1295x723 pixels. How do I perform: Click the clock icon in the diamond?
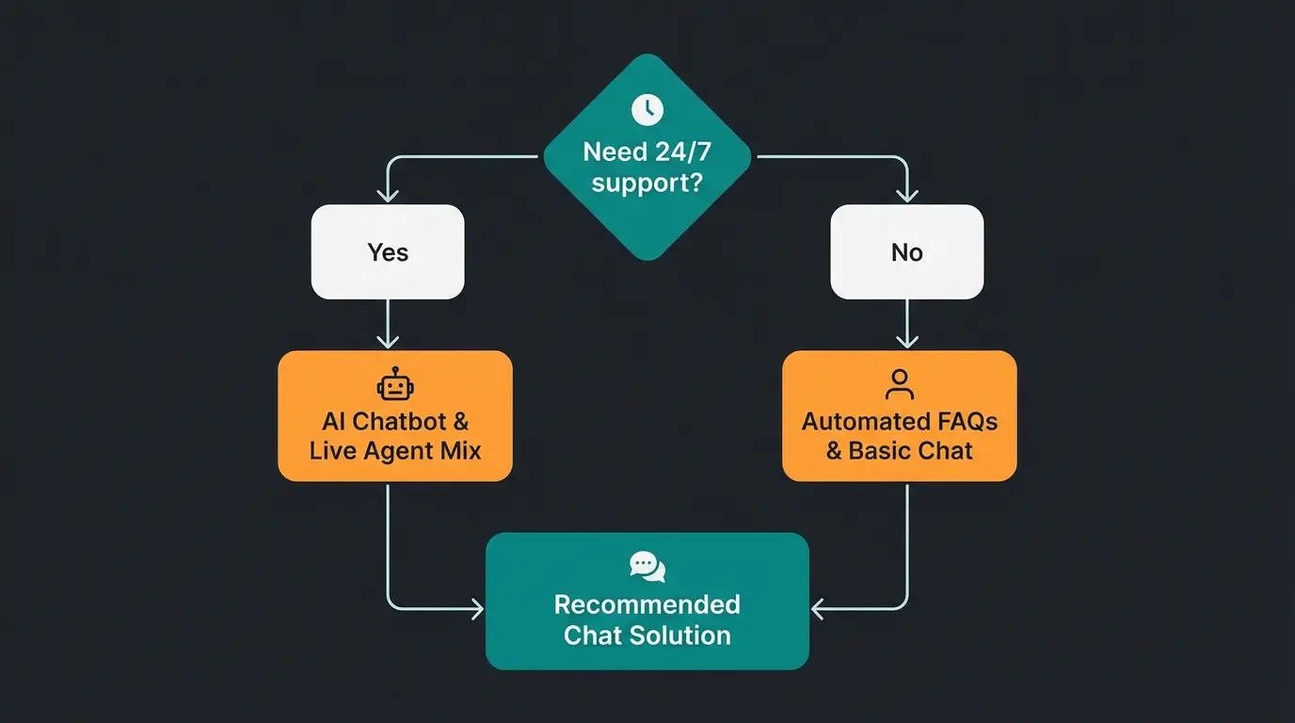click(x=647, y=109)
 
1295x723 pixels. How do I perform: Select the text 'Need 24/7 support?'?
click(x=647, y=167)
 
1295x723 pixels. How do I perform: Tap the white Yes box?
click(x=388, y=252)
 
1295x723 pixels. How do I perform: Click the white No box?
click(x=906, y=252)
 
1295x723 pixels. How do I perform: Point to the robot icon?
click(x=395, y=384)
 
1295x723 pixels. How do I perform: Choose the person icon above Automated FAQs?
click(x=900, y=384)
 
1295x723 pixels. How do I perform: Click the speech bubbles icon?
click(x=647, y=567)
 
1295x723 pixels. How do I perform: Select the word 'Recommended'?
click(x=647, y=604)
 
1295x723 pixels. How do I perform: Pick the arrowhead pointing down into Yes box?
click(x=388, y=195)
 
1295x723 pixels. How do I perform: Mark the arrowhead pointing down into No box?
click(x=906, y=195)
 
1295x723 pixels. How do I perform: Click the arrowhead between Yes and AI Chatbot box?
click(x=388, y=341)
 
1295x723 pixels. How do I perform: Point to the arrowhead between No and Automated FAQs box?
click(x=906, y=341)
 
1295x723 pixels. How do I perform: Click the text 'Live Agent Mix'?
click(x=395, y=450)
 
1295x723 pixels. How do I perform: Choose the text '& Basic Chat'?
click(x=900, y=450)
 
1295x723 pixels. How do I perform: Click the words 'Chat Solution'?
click(x=647, y=635)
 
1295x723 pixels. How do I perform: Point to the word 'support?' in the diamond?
click(x=647, y=182)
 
